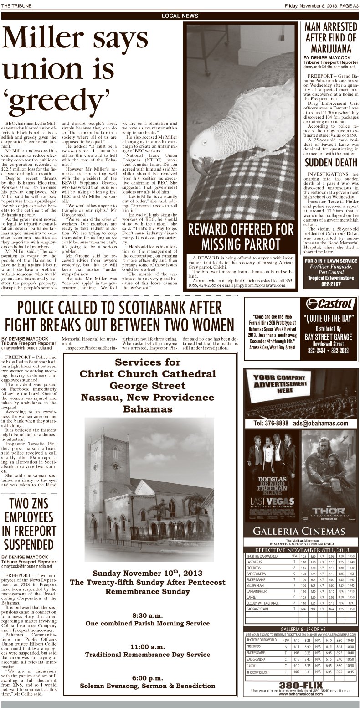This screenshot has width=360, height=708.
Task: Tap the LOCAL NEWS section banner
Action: coord(180,16)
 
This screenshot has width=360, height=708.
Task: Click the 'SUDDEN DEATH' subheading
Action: coord(330,163)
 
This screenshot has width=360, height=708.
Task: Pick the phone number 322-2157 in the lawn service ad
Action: coord(330,284)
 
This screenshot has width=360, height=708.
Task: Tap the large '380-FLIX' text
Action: coord(301,685)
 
